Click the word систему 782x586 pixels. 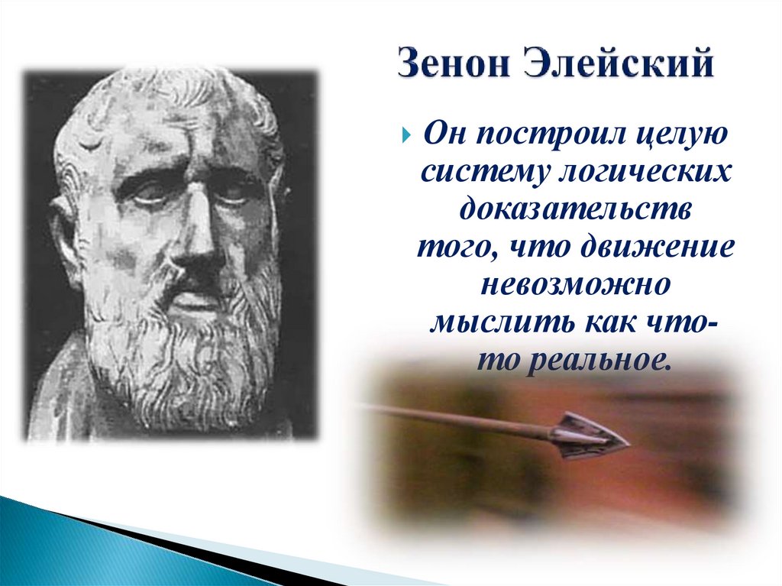tap(480, 172)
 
